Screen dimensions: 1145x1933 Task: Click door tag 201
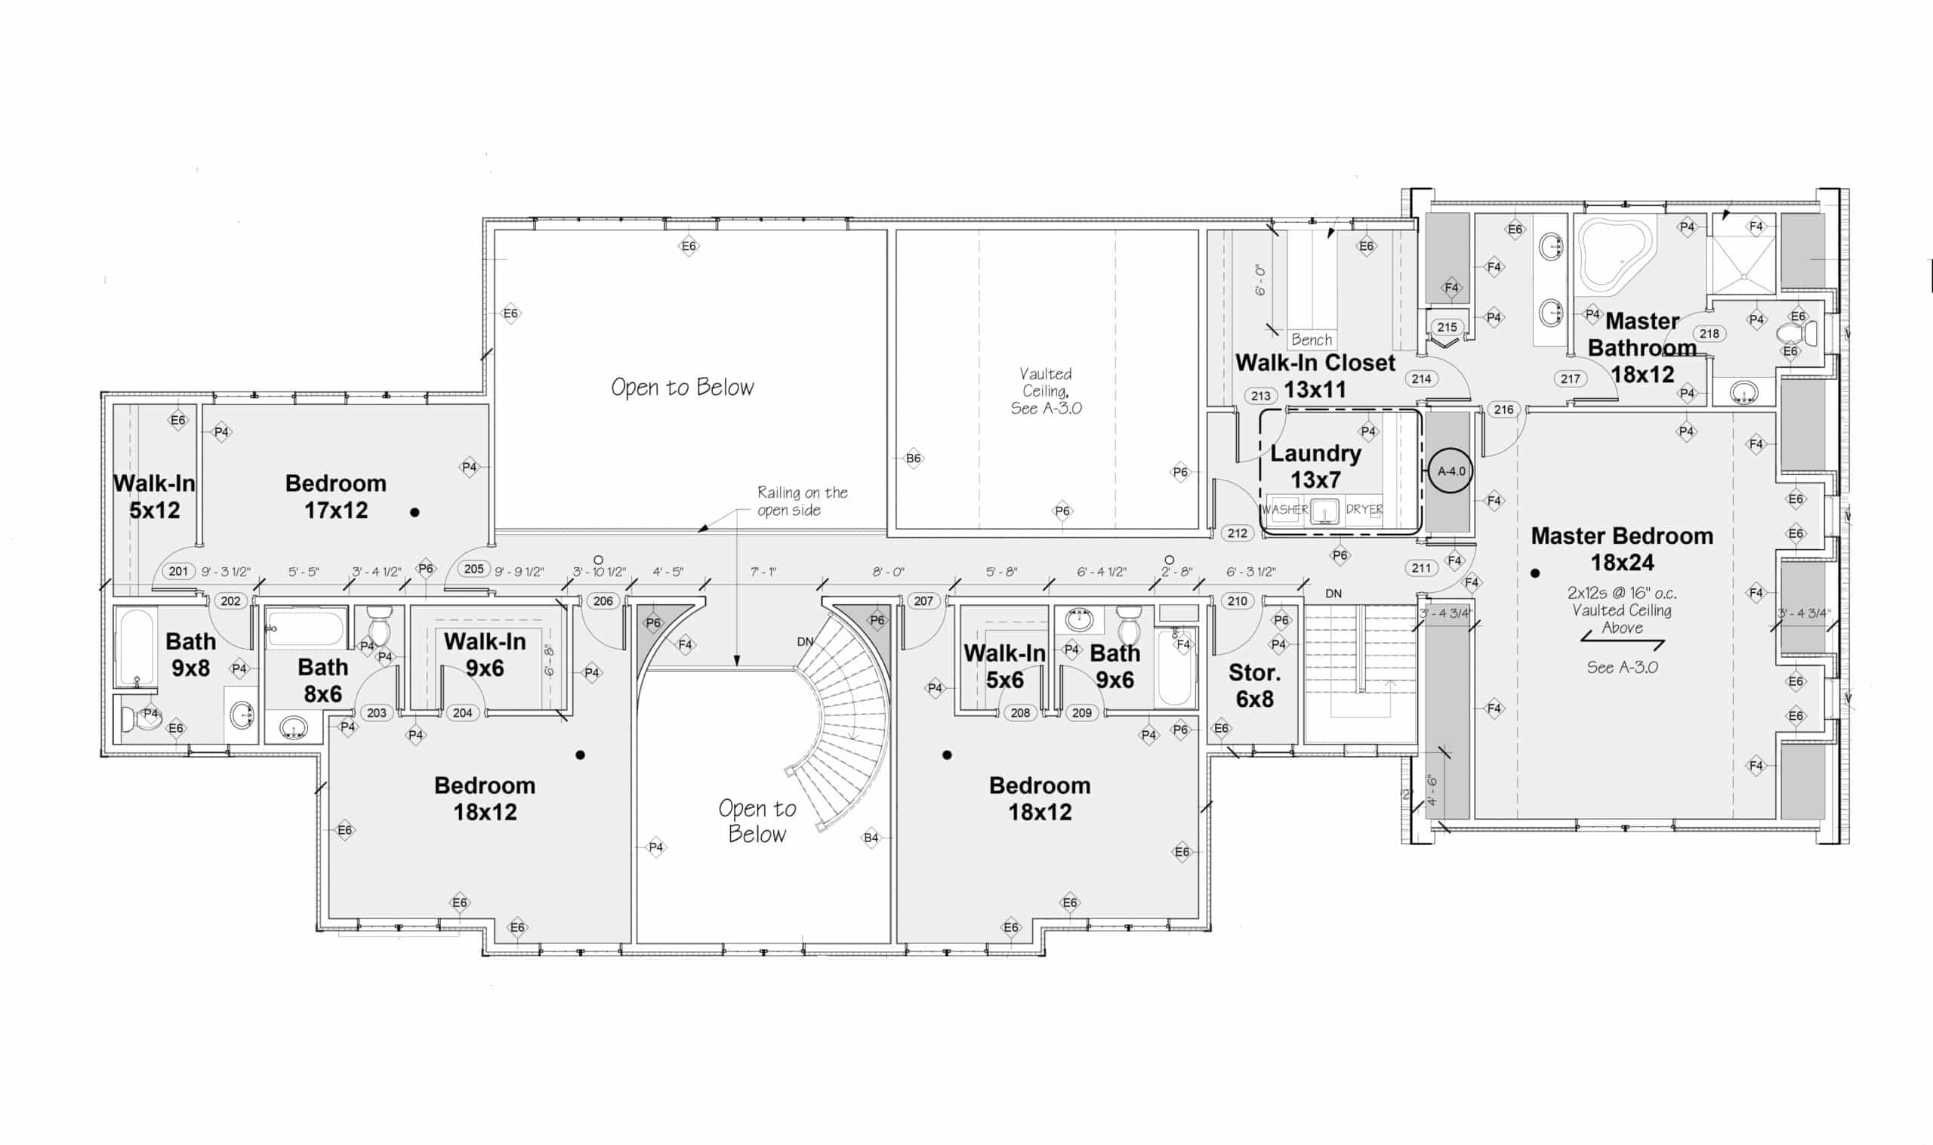point(178,571)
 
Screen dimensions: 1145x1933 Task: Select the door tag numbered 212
point(1238,533)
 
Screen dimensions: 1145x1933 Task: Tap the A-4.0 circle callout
point(1451,471)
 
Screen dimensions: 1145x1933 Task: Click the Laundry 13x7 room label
point(1315,466)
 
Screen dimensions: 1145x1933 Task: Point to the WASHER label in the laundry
point(1284,509)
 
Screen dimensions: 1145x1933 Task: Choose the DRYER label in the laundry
point(1364,509)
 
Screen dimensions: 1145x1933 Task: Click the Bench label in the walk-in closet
point(1312,339)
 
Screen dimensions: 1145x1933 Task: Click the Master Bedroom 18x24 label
point(1621,548)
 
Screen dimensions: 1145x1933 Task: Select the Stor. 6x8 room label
point(1254,686)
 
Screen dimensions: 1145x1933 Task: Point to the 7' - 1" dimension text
point(763,572)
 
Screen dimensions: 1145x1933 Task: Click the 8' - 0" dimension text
point(888,572)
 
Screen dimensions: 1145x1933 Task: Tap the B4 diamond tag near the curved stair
point(871,838)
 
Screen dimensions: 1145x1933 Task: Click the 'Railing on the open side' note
point(801,501)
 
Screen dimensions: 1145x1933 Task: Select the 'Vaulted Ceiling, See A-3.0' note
point(1046,391)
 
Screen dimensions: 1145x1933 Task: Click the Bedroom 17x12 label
point(335,497)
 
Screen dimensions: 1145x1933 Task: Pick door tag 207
point(923,601)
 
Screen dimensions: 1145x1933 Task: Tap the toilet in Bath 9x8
point(139,718)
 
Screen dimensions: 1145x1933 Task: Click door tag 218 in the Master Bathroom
point(1709,334)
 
